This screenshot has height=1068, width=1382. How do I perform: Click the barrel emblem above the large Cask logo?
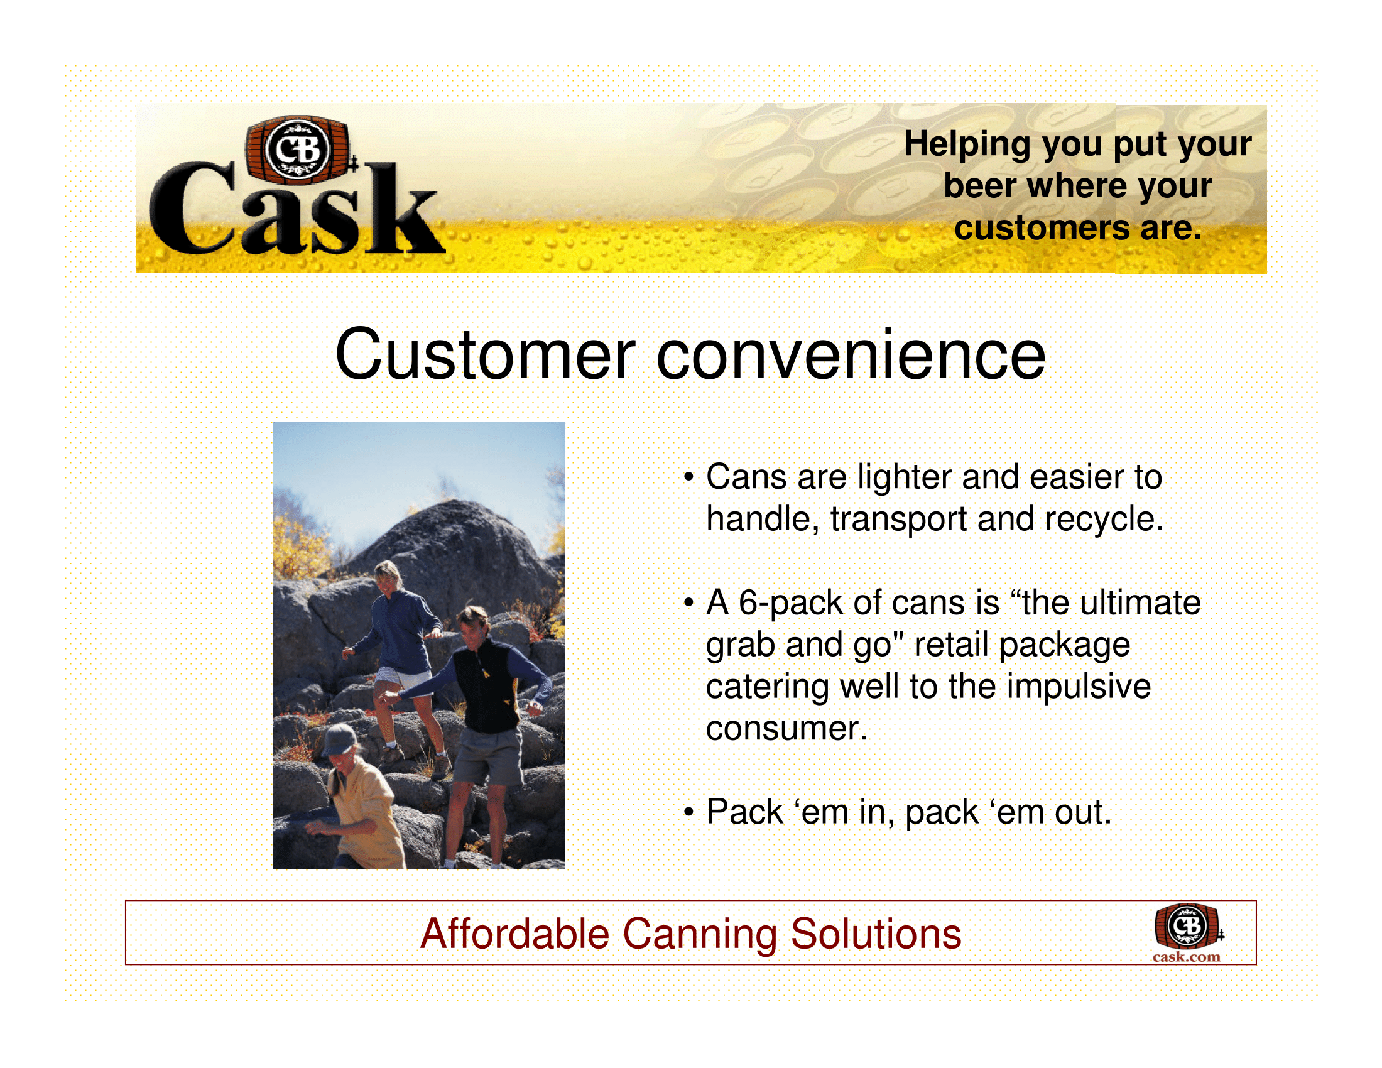[x=297, y=151]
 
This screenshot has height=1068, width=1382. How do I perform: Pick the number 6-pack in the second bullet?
[x=790, y=604]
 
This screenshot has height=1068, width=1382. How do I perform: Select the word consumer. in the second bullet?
[x=786, y=729]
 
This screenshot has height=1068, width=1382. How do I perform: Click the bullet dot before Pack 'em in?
[x=689, y=812]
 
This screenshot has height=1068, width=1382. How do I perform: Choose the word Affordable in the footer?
[x=515, y=934]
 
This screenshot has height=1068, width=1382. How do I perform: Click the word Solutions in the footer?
[x=876, y=934]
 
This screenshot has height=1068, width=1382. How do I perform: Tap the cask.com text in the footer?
[x=1186, y=957]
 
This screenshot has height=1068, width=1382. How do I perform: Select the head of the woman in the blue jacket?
[x=387, y=576]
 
